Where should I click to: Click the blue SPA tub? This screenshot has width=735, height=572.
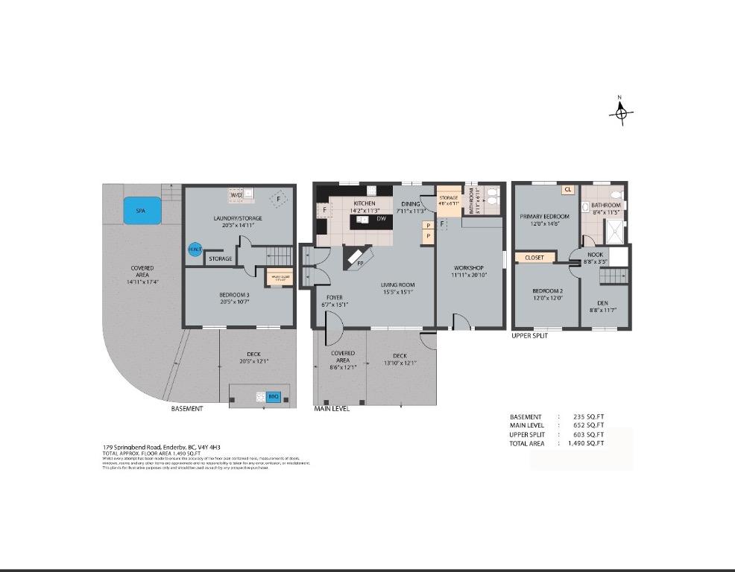142,210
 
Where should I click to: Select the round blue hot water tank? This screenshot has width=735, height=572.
195,250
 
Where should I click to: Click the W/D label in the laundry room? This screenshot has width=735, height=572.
236,195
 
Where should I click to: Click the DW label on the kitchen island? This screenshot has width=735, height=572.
381,218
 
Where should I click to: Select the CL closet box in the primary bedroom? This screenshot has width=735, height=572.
568,190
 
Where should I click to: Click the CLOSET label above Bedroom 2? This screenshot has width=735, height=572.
534,258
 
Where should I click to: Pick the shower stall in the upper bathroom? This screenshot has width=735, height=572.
614,232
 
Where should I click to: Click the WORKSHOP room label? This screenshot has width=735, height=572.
468,268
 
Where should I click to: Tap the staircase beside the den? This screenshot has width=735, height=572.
613,276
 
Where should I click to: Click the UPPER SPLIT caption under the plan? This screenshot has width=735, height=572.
530,336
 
